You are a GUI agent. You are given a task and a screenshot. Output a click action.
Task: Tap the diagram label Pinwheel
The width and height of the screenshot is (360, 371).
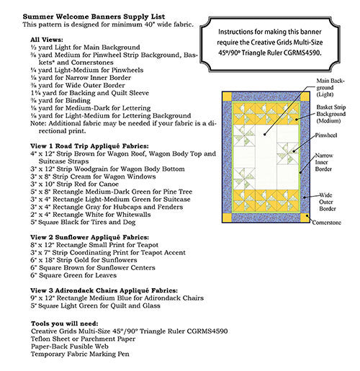pyautogui.click(x=327, y=135)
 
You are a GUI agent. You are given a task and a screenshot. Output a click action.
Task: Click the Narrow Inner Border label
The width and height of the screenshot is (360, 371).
pyautogui.click(x=326, y=164)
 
